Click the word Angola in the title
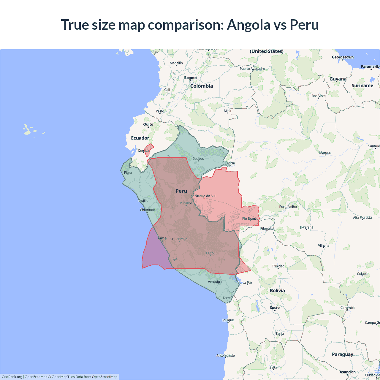248,25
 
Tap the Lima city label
162,238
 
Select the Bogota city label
190,78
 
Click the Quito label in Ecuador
148,124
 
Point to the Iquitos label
198,159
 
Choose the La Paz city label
247,283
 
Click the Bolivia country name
277,291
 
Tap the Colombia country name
202,86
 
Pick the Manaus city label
325,153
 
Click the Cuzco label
210,253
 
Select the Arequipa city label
215,282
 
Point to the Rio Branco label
250,218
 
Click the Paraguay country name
343,354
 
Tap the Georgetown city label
343,57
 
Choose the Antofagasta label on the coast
226,355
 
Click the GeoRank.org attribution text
12,377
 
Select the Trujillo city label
143,201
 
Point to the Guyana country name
338,79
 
